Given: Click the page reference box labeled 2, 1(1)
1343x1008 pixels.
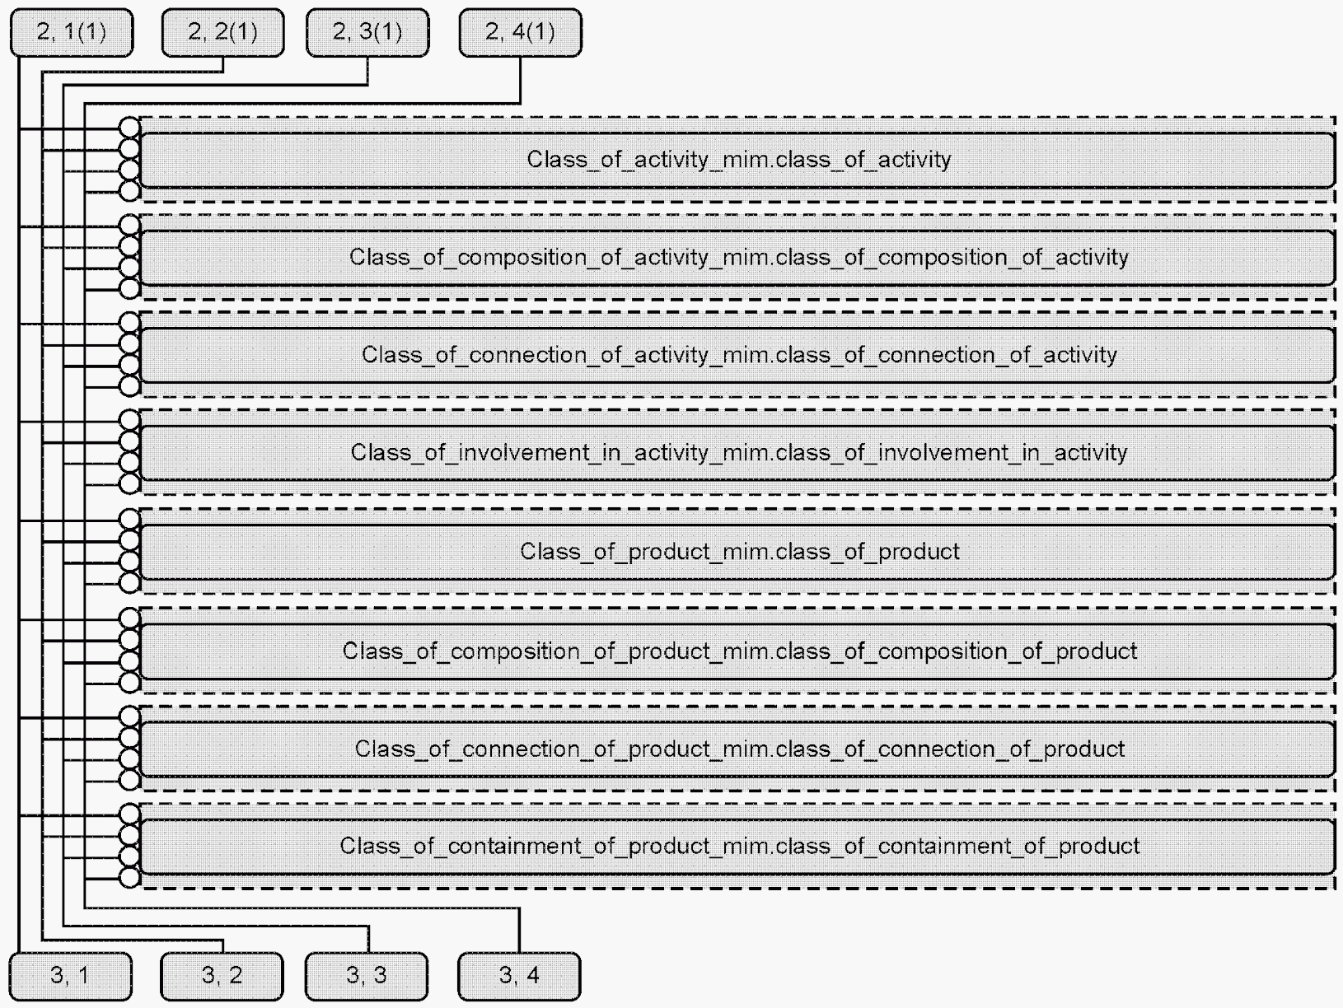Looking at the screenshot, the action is coord(72,32).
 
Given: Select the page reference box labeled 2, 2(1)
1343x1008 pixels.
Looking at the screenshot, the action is coord(222,32).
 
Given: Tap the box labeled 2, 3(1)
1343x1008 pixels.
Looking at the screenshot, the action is coord(367,32).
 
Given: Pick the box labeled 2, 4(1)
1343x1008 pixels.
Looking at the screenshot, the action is coord(521,32).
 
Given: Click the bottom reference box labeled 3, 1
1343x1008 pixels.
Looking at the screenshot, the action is coord(70,976).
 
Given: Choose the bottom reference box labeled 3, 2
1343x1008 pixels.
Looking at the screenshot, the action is coord(222,976).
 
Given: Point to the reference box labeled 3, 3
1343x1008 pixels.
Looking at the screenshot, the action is coord(367,976).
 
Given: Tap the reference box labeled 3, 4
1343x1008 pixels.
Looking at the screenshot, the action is coord(519,976).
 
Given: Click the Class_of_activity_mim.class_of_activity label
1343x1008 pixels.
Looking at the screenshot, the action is coord(739,160).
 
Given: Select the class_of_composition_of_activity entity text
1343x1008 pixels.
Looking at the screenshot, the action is coord(739,257).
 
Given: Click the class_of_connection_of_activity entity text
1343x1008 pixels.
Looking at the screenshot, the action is coord(739,355).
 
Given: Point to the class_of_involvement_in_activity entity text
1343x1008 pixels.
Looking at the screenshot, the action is coord(739,453).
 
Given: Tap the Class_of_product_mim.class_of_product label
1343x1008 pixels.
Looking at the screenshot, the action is coord(739,552).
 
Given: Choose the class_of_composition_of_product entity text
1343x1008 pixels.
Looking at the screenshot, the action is coord(739,651).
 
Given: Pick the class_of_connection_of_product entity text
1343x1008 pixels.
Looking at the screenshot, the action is coord(739,749).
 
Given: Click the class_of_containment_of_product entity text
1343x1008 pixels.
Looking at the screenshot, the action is coord(739,846).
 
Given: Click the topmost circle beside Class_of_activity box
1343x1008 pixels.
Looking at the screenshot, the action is coord(129,128).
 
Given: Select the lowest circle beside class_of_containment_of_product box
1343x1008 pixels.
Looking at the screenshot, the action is coord(129,878).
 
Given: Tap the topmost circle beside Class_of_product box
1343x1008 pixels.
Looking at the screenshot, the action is coord(129,520).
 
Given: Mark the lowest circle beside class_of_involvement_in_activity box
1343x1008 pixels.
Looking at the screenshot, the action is coord(129,484).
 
